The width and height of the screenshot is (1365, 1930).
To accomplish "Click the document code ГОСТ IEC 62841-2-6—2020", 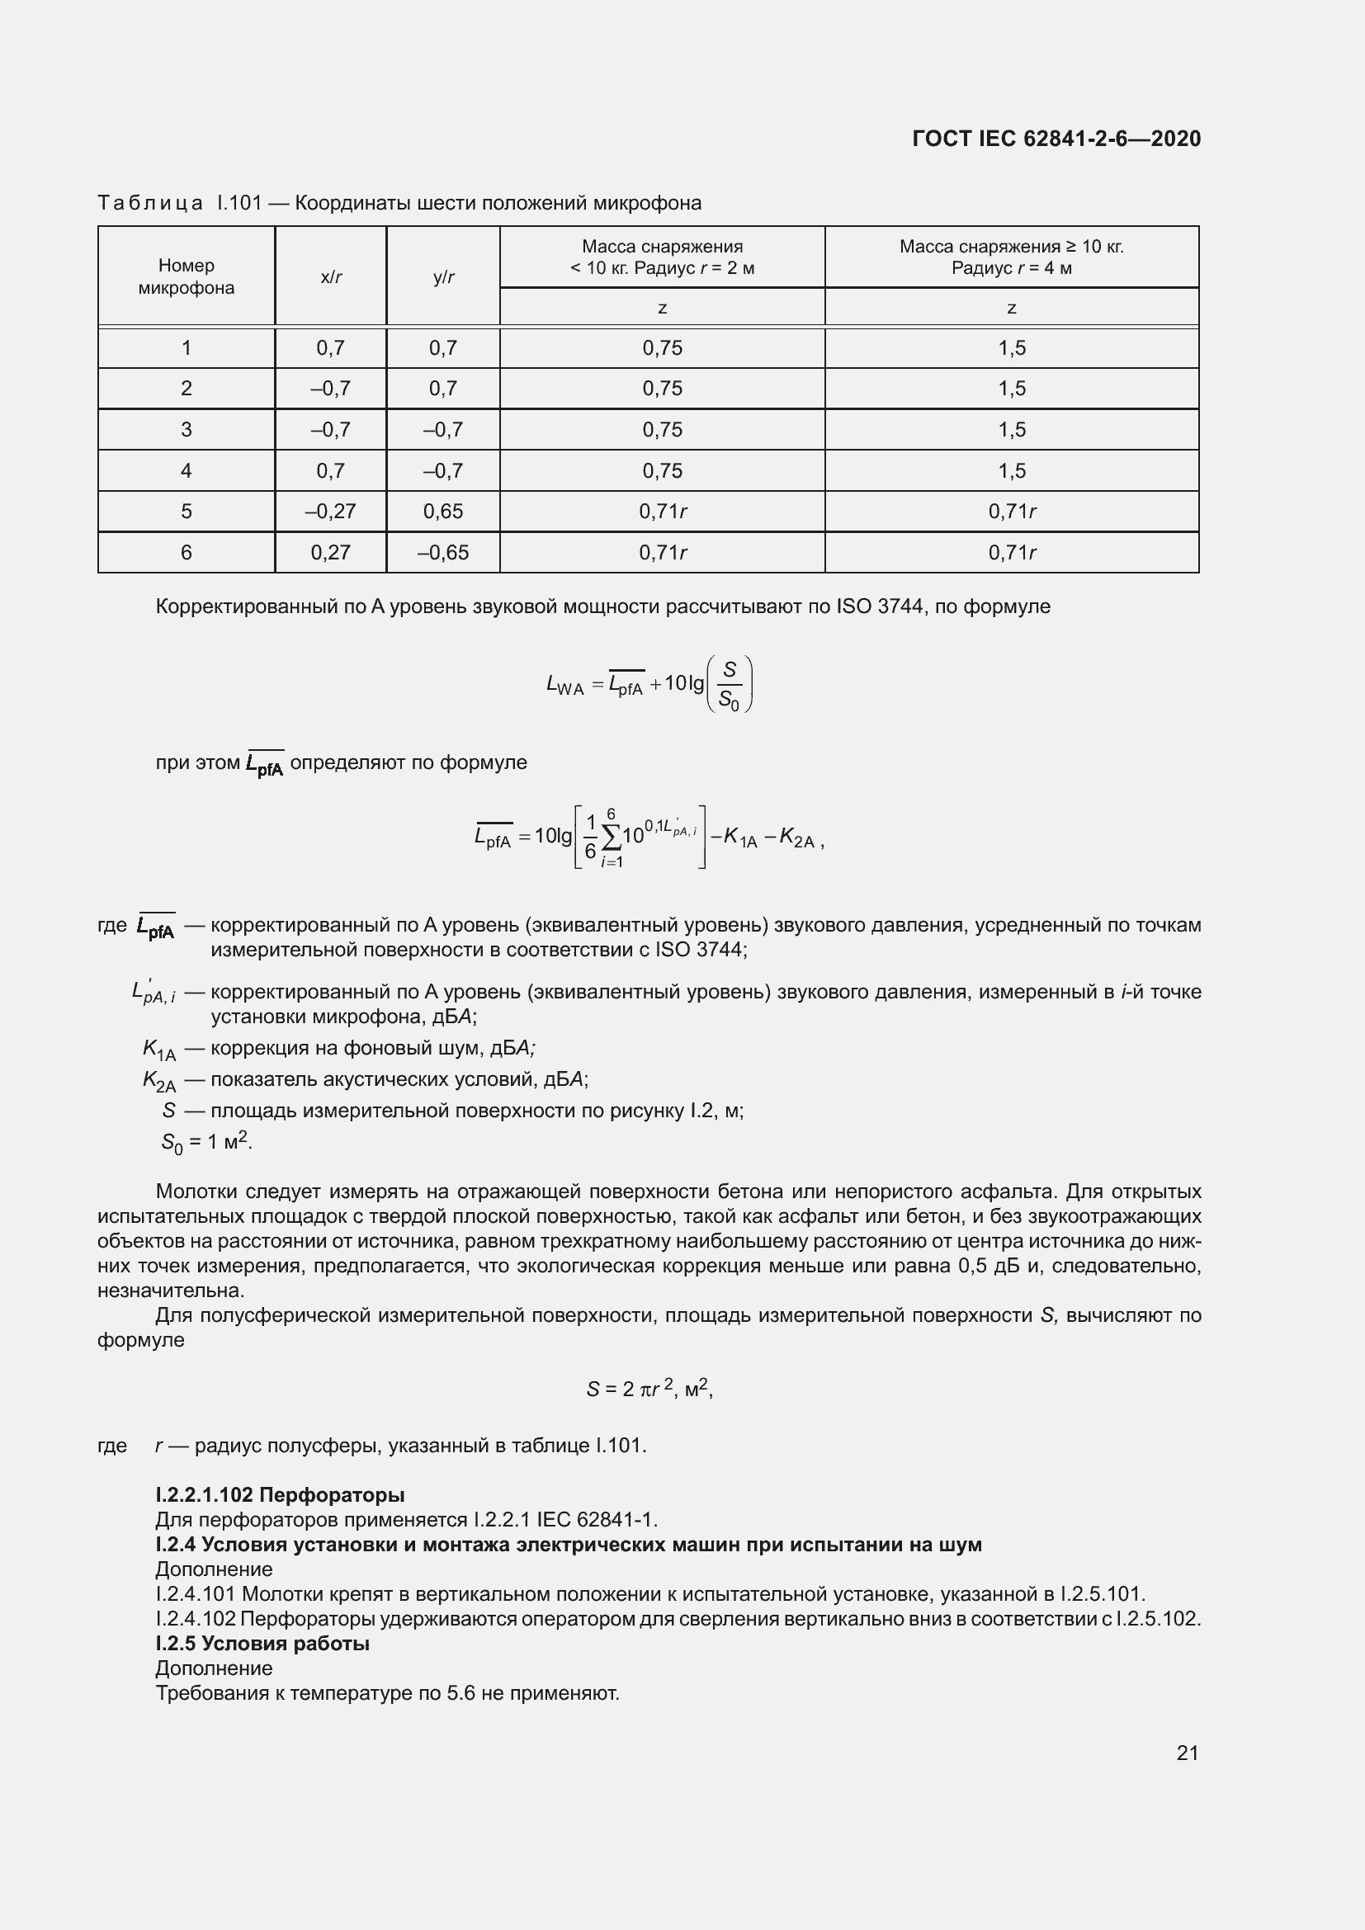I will [x=1056, y=139].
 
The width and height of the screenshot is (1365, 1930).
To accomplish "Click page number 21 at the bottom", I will [x=1187, y=1753].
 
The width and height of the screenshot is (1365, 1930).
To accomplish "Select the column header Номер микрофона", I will [x=186, y=276].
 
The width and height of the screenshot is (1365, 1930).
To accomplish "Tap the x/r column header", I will [x=330, y=277].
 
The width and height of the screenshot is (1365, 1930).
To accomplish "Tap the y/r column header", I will [x=443, y=277].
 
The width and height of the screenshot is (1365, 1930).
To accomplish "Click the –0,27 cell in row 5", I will [x=330, y=511].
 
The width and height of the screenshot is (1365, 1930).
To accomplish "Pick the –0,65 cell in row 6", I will [x=443, y=552].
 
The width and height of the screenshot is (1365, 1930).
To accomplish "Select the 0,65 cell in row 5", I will [x=443, y=511].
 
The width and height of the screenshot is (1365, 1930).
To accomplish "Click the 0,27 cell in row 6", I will [x=330, y=552].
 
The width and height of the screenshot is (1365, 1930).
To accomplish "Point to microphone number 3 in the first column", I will [x=186, y=430].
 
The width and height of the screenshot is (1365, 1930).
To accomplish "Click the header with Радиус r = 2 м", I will [x=662, y=269].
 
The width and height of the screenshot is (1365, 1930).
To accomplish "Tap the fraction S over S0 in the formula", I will [x=730, y=685].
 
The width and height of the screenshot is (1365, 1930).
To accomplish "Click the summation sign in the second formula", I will [x=611, y=837].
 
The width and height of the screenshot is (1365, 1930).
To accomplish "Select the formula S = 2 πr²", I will [x=649, y=1389].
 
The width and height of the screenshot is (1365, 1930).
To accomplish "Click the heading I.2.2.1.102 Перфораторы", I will [x=280, y=1494].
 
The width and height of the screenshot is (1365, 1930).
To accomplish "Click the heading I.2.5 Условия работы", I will [x=262, y=1644].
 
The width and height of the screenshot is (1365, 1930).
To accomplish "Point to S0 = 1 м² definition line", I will [x=206, y=1141].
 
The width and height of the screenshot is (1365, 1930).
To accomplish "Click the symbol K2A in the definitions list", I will [x=158, y=1080].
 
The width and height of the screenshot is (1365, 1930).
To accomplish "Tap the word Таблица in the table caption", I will [x=149, y=204].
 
